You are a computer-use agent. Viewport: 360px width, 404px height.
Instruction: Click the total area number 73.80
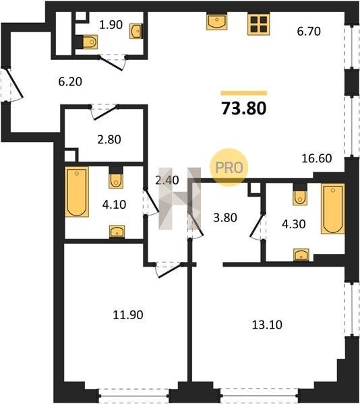pyautogui.click(x=244, y=108)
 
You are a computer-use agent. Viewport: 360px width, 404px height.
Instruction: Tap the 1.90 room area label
pyautogui.click(x=111, y=25)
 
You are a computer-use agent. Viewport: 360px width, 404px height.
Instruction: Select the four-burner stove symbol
pyautogui.click(x=259, y=24)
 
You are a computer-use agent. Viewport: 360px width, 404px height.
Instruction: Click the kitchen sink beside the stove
pyautogui.click(x=216, y=22)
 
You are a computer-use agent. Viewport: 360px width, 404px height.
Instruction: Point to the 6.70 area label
pyautogui.click(x=309, y=31)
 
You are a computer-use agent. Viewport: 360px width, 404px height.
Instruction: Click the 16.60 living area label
pyautogui.click(x=317, y=158)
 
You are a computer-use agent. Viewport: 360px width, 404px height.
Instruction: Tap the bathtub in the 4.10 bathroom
pyautogui.click(x=77, y=192)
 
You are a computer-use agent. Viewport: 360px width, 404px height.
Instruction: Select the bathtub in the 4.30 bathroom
pyautogui.click(x=332, y=209)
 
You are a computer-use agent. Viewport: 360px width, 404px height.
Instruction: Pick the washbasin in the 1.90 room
pyautogui.click(x=136, y=32)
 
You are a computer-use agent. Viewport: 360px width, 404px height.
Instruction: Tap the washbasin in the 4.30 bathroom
pyautogui.click(x=301, y=255)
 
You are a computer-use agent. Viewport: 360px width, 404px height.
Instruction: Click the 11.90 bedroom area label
pyautogui.click(x=128, y=315)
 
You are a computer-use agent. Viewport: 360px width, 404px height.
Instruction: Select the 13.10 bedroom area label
pyautogui.click(x=267, y=325)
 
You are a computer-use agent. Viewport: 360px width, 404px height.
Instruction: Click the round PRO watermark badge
pyautogui.click(x=229, y=168)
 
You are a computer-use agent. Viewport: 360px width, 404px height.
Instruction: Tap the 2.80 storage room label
pyautogui.click(x=109, y=139)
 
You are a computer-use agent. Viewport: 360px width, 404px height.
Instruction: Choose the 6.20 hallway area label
pyautogui.click(x=70, y=81)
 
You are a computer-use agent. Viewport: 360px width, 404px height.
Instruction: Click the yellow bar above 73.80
pyautogui.click(x=244, y=93)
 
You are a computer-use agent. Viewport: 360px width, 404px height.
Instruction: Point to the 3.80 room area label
pyautogui.click(x=225, y=217)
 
